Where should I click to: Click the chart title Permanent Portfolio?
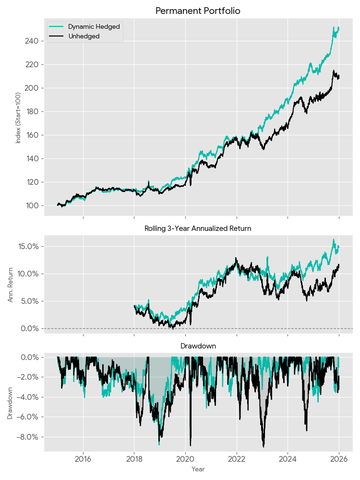click(x=198, y=11)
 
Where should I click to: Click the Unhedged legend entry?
click(x=84, y=36)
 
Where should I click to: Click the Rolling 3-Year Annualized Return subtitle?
click(x=198, y=228)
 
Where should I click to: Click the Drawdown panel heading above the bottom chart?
click(x=198, y=346)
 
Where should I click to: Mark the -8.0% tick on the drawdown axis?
click(x=29, y=437)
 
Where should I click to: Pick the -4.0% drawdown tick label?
click(x=29, y=397)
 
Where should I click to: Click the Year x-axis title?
click(x=198, y=469)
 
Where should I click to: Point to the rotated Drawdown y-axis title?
click(x=11, y=401)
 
